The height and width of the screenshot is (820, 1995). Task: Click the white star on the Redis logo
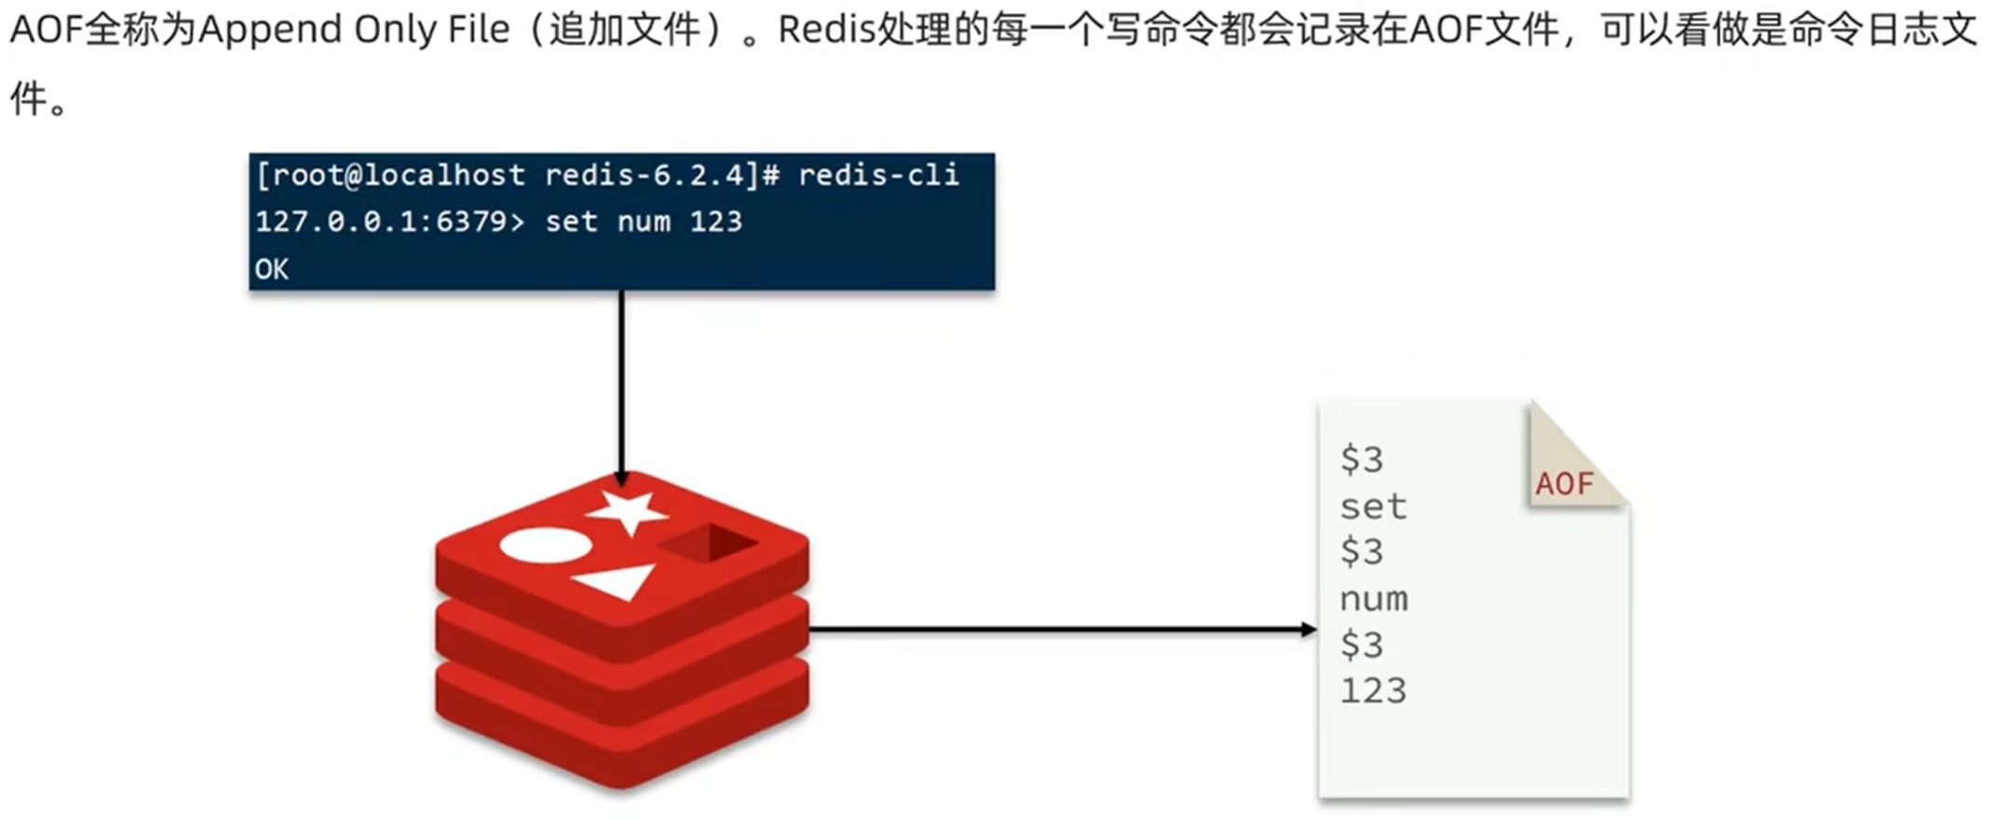point(627,511)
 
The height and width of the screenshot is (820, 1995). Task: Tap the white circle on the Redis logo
point(546,544)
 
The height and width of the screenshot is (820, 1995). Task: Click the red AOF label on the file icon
point(1565,484)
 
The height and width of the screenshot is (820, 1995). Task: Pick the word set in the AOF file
point(1373,507)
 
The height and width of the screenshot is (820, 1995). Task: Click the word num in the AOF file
point(1374,599)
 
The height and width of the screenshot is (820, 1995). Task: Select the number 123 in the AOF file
point(1373,691)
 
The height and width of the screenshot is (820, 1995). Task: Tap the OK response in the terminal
point(271,270)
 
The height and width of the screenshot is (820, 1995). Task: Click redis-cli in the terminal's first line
point(878,175)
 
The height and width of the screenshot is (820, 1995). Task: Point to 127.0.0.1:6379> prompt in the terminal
point(390,222)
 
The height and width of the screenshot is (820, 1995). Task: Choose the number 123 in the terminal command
point(715,222)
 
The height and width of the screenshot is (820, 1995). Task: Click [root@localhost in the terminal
point(390,175)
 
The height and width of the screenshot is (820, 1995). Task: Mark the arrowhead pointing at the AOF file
point(1308,630)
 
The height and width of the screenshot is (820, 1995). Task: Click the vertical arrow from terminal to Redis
point(621,382)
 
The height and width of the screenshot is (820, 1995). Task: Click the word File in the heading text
point(479,30)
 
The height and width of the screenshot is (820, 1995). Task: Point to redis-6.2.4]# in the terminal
point(661,175)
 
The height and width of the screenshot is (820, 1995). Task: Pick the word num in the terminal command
point(644,222)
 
